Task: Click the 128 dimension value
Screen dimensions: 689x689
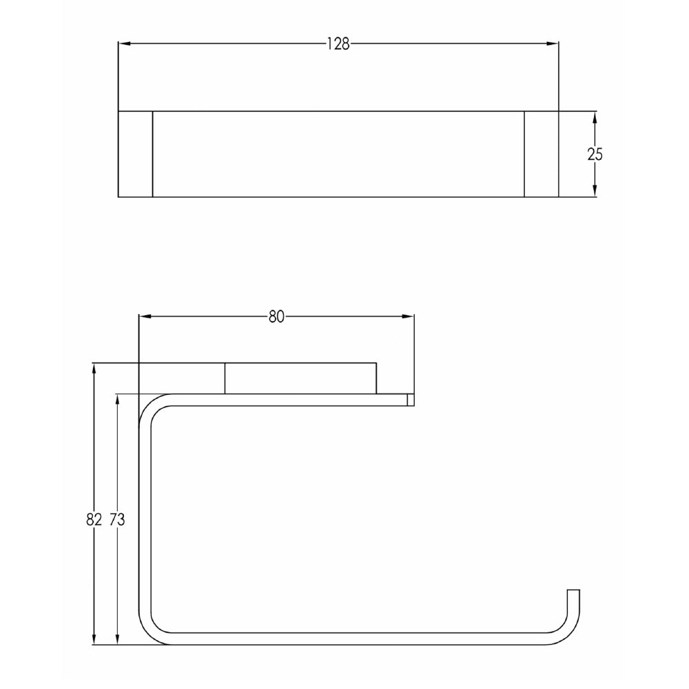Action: [x=338, y=44]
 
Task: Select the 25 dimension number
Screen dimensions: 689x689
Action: [x=595, y=154]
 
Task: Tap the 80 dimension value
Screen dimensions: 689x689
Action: [x=276, y=317]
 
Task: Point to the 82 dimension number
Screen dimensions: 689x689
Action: [x=94, y=520]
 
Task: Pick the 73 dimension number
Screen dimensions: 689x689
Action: [x=117, y=520]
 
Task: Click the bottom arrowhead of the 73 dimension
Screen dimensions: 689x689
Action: [x=118, y=640]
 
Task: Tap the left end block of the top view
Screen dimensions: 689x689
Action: [x=136, y=154]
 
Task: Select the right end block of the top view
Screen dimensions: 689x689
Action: [x=542, y=154]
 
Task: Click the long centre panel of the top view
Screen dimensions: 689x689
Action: [x=338, y=154]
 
